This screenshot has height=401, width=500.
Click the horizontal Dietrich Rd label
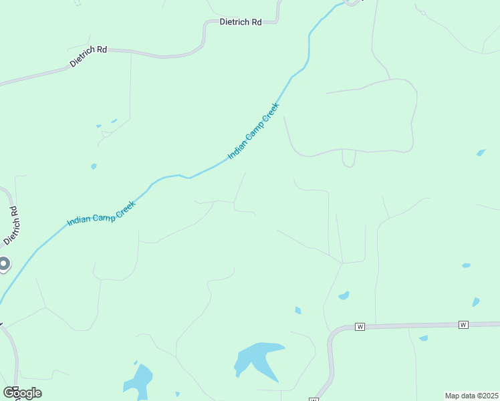241,22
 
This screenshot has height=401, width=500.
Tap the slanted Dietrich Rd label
88,56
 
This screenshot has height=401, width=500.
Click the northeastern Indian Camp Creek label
253,130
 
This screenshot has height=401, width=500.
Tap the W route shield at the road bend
360,327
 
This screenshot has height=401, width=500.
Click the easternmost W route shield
463,325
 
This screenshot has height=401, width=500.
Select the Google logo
22,393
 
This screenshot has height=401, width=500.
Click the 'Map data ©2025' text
472,396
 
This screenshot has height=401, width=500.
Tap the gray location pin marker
3,265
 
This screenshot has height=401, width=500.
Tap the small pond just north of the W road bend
344,295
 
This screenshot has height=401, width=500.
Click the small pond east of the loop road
481,153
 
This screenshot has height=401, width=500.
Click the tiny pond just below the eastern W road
423,338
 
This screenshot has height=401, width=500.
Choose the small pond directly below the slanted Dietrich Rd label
94,166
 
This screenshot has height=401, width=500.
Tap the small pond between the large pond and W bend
298,310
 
